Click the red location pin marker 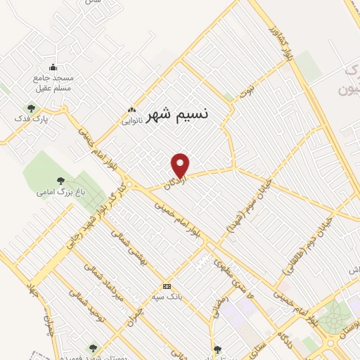click(x=181, y=165)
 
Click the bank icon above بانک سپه click(x=167, y=286)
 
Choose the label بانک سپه click(x=169, y=297)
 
